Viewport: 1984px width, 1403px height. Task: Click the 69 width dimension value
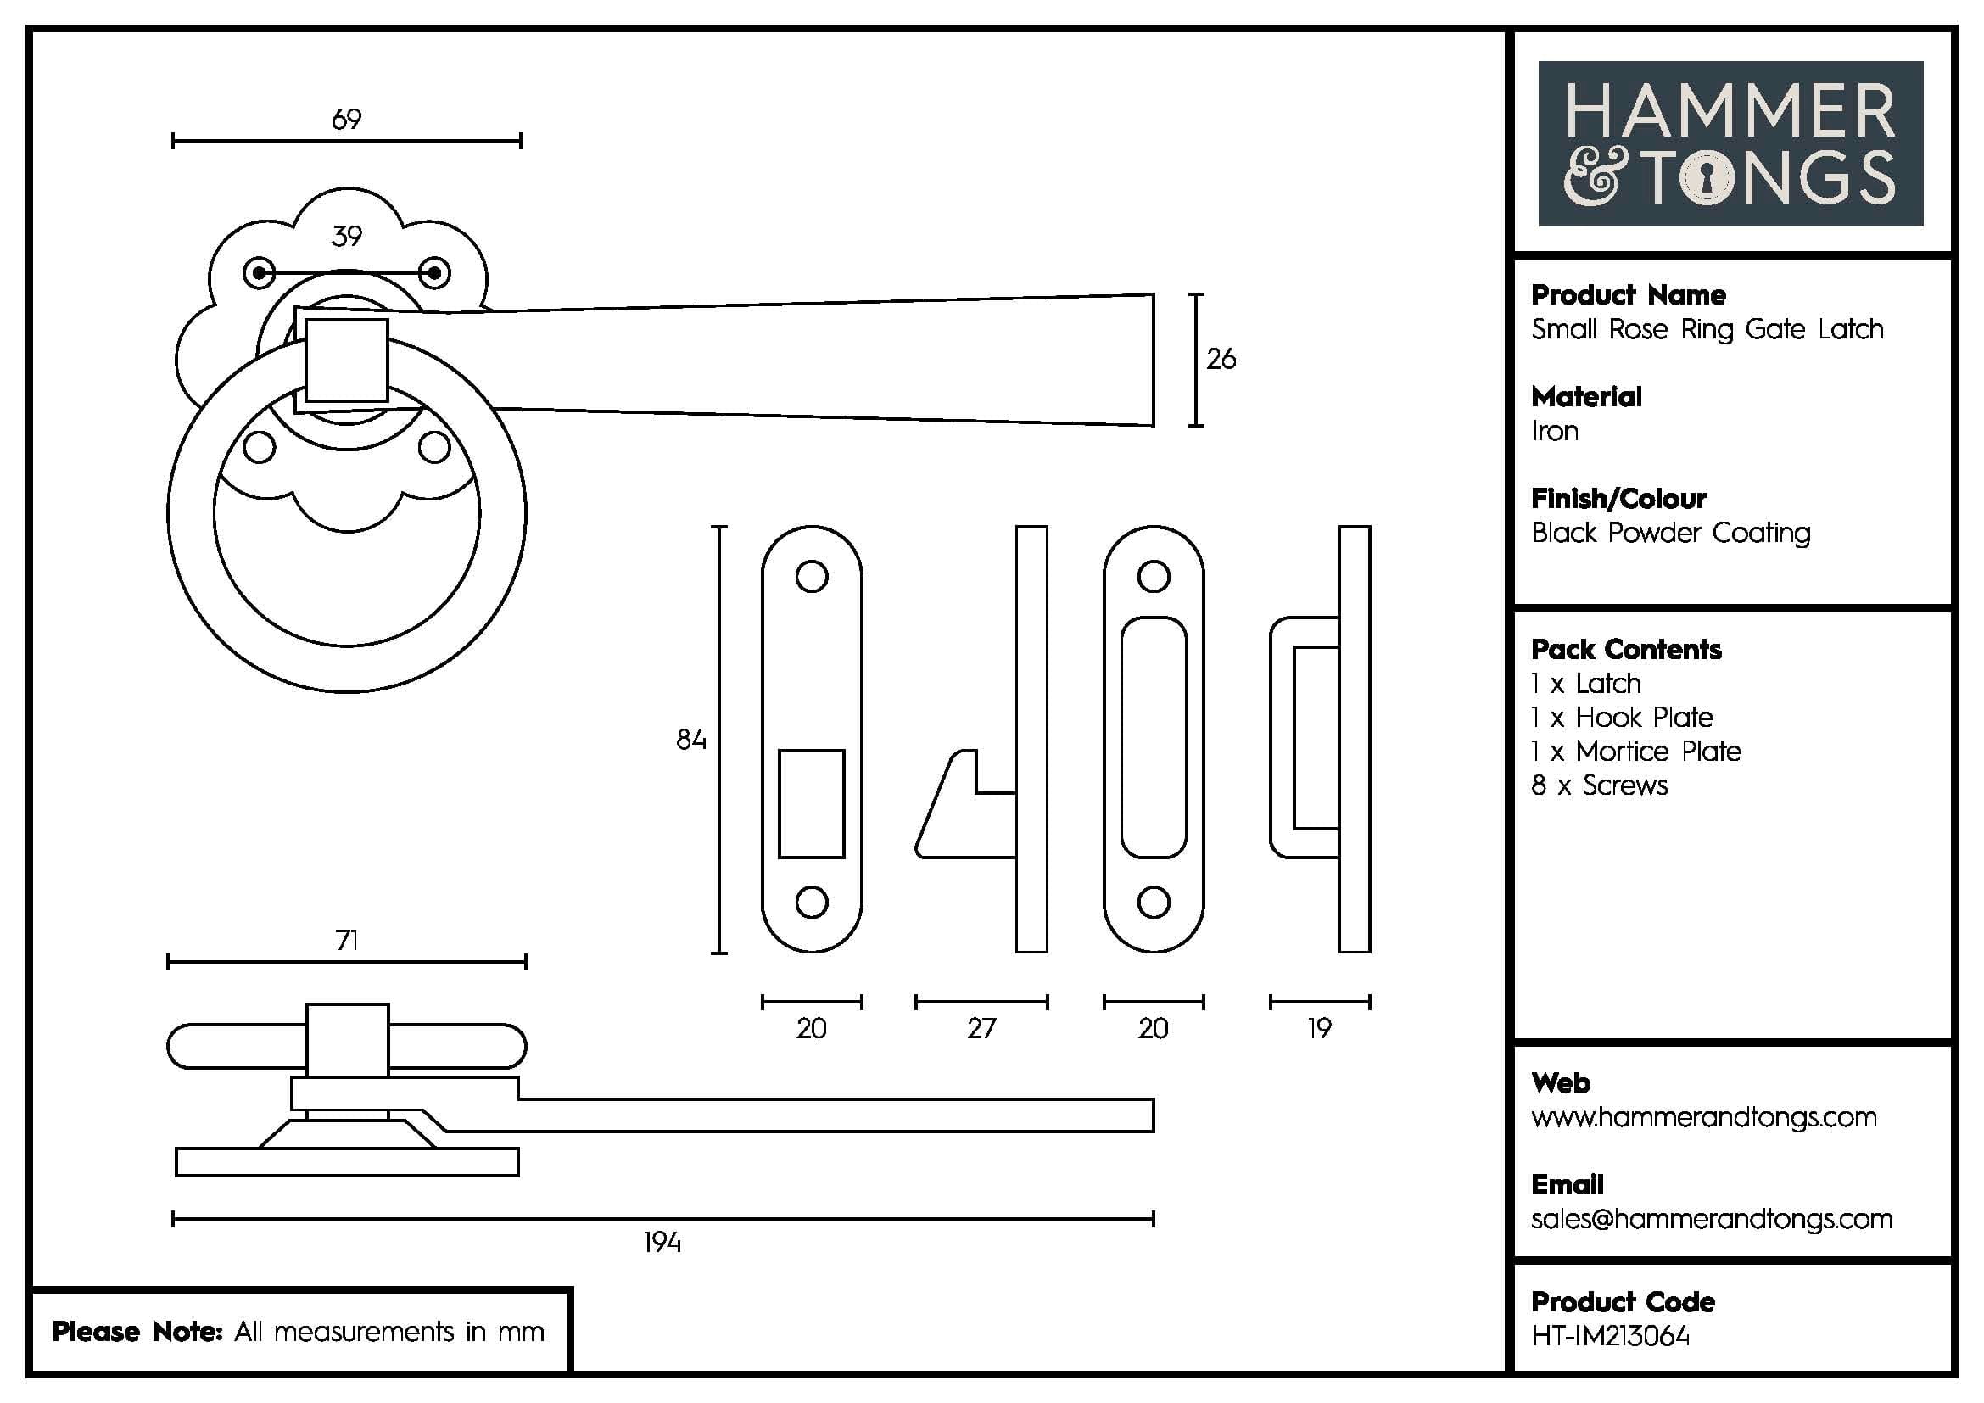(347, 120)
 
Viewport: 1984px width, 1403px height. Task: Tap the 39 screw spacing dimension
(347, 236)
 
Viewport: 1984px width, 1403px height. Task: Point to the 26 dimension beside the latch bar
(1220, 359)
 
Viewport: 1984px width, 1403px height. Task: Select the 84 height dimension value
(690, 740)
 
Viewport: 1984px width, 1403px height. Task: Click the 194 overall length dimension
(662, 1243)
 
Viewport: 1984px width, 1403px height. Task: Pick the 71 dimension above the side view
(347, 940)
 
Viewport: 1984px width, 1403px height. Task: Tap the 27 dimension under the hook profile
(981, 1028)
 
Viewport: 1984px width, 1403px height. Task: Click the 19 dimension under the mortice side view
(1319, 1028)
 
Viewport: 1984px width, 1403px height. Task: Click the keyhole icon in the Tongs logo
(1706, 180)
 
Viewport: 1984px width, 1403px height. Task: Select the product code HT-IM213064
(1610, 1337)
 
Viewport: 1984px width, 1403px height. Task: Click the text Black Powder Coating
(1670, 533)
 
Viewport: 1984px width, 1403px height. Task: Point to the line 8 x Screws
(1599, 785)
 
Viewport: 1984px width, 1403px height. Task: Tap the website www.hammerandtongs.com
(1703, 1117)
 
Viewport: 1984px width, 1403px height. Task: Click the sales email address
(1711, 1219)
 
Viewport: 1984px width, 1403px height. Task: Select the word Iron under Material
(1555, 431)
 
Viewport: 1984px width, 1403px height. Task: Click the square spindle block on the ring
(347, 360)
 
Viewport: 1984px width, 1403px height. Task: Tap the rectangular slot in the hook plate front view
(811, 803)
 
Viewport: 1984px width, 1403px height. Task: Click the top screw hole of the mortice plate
(1154, 576)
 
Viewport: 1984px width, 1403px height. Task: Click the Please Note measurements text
(298, 1331)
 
